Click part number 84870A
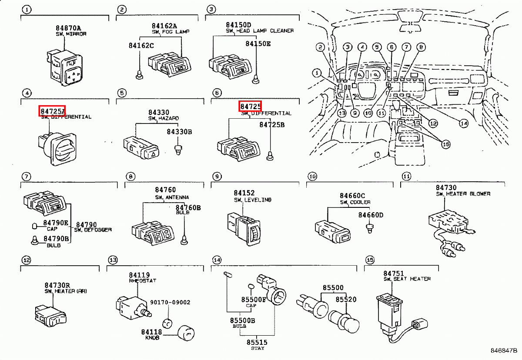(x=68, y=28)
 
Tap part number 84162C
(x=141, y=45)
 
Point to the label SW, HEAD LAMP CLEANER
(x=259, y=31)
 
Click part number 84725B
(x=272, y=124)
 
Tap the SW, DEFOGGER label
(x=93, y=230)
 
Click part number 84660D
(x=371, y=215)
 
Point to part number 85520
(x=346, y=300)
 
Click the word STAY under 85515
(x=257, y=348)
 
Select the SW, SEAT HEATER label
(x=407, y=279)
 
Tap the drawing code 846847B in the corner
(x=504, y=350)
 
